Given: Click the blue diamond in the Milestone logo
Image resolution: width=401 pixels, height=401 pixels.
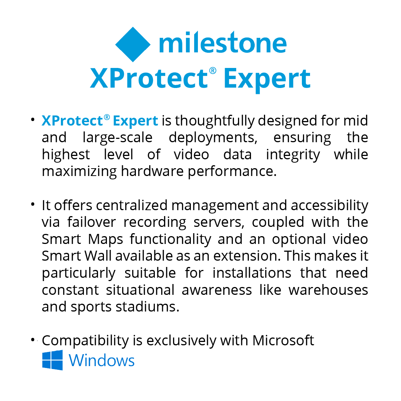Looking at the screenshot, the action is [133, 44].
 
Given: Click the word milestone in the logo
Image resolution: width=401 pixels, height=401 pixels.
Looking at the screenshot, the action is [223, 42].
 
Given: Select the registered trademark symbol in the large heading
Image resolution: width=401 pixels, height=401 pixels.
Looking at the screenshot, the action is [212, 71].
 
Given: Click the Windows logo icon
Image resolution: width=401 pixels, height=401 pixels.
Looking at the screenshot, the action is [52, 360].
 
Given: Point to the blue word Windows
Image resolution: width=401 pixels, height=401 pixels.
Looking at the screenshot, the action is [101, 361].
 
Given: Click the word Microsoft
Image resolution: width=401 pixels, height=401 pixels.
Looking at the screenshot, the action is [283, 340].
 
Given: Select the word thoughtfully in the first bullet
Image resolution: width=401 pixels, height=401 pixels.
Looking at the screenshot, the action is [215, 121].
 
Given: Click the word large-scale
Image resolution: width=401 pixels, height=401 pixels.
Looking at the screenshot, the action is [117, 138].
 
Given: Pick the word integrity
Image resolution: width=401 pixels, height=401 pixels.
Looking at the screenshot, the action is [293, 155].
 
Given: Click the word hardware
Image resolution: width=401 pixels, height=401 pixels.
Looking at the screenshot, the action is [152, 171].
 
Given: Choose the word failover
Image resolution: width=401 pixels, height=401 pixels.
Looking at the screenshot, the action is [92, 222].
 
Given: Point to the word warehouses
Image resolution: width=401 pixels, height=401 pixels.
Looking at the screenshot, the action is [328, 290].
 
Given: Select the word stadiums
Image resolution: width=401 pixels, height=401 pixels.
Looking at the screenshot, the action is [147, 307].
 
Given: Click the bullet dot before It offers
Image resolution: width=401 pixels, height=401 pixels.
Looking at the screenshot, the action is [32, 205].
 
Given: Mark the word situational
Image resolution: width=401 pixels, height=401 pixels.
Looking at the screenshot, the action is [140, 290].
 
